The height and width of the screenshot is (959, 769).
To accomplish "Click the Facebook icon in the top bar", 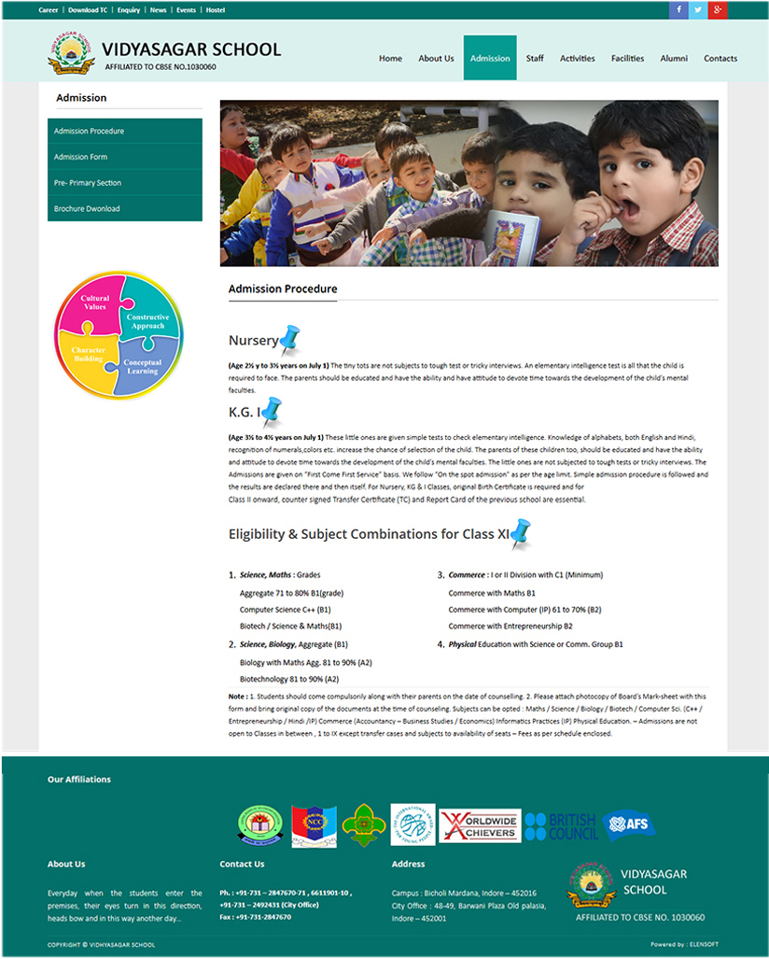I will pyautogui.click(x=678, y=10).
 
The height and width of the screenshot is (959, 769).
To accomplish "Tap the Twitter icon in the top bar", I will pyautogui.click(x=698, y=10).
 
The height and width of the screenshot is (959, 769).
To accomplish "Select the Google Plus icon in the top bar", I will pyautogui.click(x=718, y=10).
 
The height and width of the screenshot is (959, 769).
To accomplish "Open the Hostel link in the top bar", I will pyautogui.click(x=216, y=10).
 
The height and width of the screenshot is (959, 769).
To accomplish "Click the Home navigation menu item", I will pyautogui.click(x=390, y=58).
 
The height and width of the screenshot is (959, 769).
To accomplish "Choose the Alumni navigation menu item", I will pyautogui.click(x=674, y=58).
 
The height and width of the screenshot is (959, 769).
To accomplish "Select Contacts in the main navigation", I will pyautogui.click(x=720, y=58).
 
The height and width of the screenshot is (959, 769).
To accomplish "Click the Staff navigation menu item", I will pyautogui.click(x=535, y=58).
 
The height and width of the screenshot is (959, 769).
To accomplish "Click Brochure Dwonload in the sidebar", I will pyautogui.click(x=87, y=208).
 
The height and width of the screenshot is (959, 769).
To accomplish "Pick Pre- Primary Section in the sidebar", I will pyautogui.click(x=88, y=183).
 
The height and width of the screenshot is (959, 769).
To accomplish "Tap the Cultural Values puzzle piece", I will pyautogui.click(x=93, y=303).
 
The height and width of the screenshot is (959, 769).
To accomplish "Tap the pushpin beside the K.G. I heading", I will pyautogui.click(x=271, y=409).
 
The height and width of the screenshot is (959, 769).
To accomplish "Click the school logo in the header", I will pyautogui.click(x=71, y=52).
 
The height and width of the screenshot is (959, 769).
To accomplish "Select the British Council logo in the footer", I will pyautogui.click(x=560, y=825).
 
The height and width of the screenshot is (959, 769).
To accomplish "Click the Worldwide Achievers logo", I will pyautogui.click(x=480, y=825).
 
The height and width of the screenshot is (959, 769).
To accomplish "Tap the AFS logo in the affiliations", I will pyautogui.click(x=627, y=824).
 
